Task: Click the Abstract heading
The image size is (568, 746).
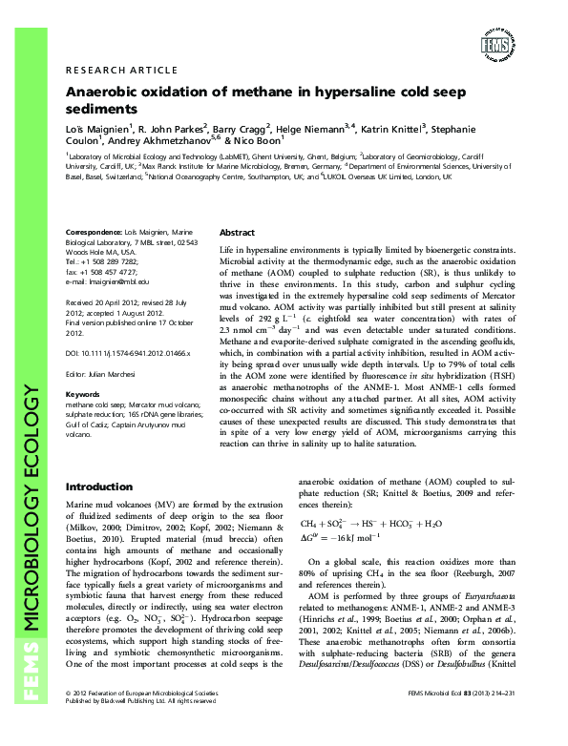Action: [238, 233]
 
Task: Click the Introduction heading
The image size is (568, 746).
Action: [98, 486]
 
